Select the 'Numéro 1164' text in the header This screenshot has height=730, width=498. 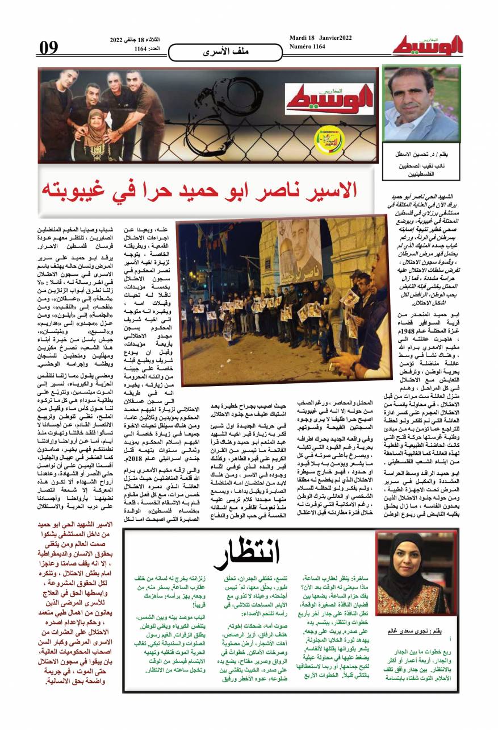pos(307,47)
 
